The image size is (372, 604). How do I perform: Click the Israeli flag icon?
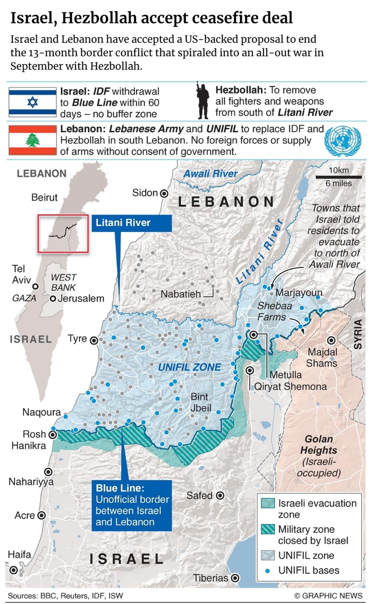click(33, 102)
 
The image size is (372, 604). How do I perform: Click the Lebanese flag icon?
click(33, 140)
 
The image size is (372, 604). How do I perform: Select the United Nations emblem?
click(343, 141)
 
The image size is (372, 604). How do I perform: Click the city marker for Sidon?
click(164, 194)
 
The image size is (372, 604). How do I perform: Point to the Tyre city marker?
click(94, 340)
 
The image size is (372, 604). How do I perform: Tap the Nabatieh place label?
click(181, 294)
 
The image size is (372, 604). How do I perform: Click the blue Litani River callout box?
click(131, 223)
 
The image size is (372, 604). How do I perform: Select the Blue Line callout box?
click(132, 505)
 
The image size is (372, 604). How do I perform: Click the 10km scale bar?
click(339, 177)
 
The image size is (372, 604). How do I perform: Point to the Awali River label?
click(210, 173)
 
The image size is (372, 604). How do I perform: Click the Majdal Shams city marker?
click(331, 340)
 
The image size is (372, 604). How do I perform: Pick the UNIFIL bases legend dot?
click(268, 570)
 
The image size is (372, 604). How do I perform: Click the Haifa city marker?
click(13, 570)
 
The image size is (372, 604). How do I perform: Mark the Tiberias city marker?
click(235, 578)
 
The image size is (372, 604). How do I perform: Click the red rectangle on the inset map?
click(63, 233)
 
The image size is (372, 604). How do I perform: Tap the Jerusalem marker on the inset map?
click(53, 299)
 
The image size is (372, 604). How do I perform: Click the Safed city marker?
click(220, 496)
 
